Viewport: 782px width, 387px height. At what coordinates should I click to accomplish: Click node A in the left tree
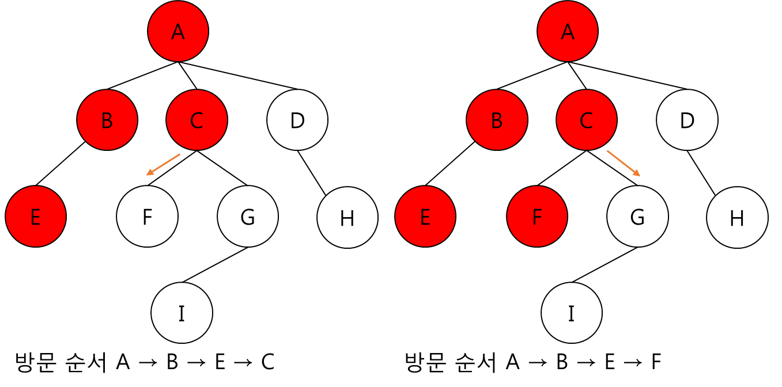(x=178, y=31)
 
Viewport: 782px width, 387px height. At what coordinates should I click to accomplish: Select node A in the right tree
(x=568, y=31)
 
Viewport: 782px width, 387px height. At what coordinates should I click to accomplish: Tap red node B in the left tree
(x=107, y=120)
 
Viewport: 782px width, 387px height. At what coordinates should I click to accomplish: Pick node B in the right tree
(x=497, y=120)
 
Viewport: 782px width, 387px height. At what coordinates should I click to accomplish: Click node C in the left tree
(x=197, y=120)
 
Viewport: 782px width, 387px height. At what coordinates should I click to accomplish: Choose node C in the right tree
(x=586, y=120)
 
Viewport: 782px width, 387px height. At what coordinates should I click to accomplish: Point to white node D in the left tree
(x=297, y=120)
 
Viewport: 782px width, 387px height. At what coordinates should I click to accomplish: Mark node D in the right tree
(x=687, y=120)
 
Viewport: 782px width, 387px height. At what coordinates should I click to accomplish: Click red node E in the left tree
(x=36, y=217)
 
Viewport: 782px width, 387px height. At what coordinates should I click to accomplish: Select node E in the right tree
(x=425, y=217)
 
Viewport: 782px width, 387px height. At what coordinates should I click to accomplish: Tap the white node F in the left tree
(x=147, y=217)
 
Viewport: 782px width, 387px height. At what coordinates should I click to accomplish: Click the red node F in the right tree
(x=537, y=217)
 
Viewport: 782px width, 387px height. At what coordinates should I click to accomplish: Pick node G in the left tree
(x=248, y=217)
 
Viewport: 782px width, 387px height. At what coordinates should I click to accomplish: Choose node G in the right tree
(x=637, y=217)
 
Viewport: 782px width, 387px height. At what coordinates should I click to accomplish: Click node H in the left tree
(x=347, y=218)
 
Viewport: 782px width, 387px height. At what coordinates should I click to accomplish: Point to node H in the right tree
(x=737, y=218)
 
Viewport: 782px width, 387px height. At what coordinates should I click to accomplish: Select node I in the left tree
(x=182, y=313)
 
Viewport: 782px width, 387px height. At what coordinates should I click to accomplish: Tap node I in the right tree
(x=572, y=313)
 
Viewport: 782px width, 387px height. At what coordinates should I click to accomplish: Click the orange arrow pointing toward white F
(x=164, y=164)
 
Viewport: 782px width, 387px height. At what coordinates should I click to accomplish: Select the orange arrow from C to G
(x=624, y=164)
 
